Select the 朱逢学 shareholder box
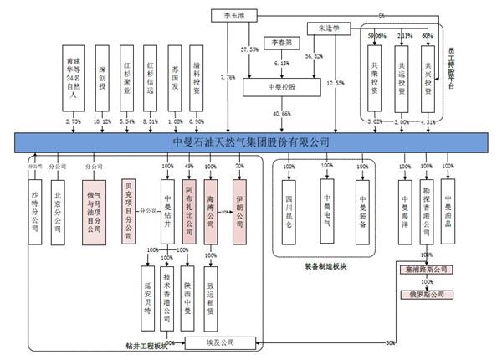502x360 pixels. (x=323, y=28)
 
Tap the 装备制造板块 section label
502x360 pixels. (x=330, y=266)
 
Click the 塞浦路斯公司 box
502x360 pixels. (x=423, y=270)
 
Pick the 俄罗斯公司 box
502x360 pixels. (x=423, y=296)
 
